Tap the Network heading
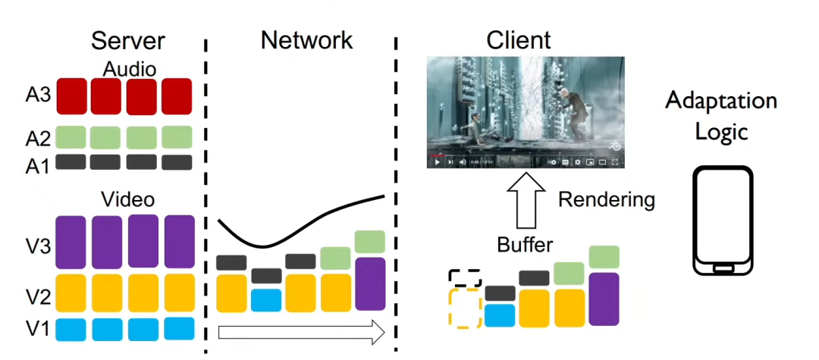(x=306, y=39)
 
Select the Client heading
(x=519, y=39)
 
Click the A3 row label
(x=37, y=95)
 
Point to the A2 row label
(x=37, y=138)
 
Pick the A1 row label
(x=37, y=164)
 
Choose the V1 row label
(x=37, y=328)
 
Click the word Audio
(x=130, y=69)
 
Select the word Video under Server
(x=127, y=200)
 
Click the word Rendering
(x=606, y=200)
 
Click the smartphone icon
(x=723, y=220)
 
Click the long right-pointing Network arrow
(x=300, y=331)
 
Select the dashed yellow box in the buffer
(x=465, y=308)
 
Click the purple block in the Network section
(x=370, y=283)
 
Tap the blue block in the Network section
(x=265, y=300)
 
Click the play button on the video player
(x=437, y=161)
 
